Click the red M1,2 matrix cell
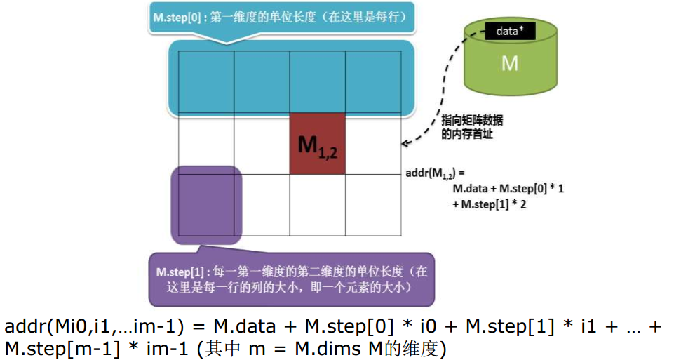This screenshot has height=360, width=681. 317,144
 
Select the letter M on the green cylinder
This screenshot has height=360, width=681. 510,64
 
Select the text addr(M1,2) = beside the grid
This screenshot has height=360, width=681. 436,172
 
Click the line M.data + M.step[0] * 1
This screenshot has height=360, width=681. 508,189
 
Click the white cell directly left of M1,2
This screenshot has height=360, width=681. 262,144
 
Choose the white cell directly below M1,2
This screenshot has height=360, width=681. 317,204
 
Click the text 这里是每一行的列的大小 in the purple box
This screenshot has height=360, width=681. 231,288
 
